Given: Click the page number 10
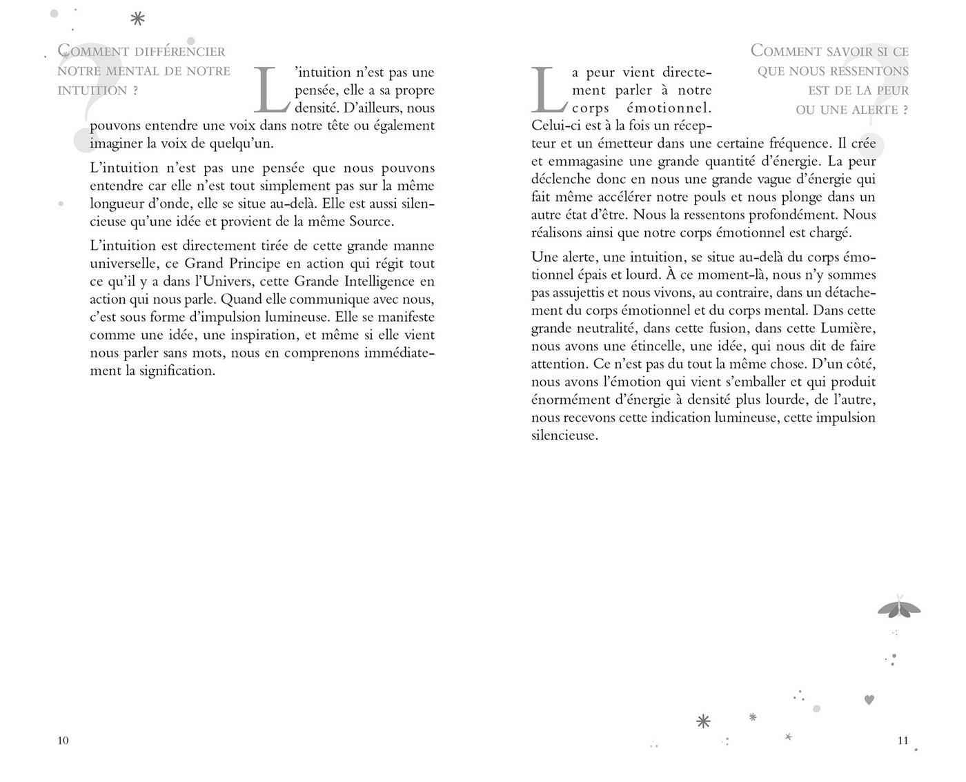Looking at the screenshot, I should [63, 741].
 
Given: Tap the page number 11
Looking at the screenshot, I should [903, 741].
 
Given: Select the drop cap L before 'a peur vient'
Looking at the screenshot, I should [549, 90].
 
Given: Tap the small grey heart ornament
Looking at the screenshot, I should [869, 699].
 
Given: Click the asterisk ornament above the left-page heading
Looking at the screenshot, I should [138, 19].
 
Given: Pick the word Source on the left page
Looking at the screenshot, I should [371, 222].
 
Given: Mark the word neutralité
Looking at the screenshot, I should [608, 328].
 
